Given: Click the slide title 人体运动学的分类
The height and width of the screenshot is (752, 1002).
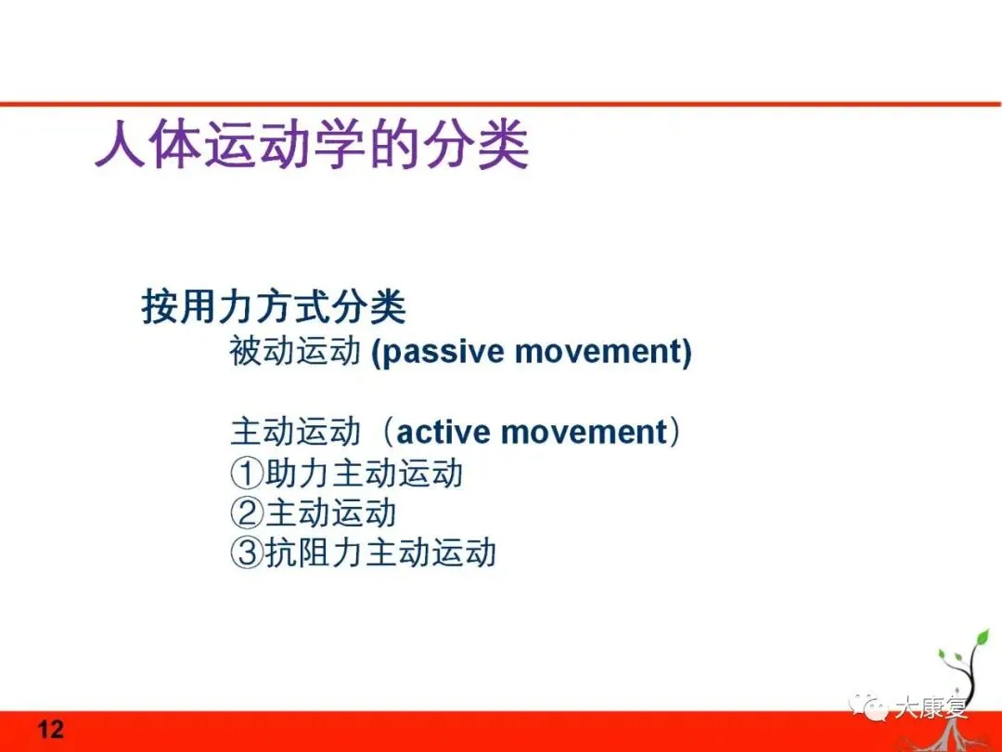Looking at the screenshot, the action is click(x=312, y=145).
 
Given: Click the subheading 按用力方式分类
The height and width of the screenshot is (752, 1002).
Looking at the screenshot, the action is click(x=274, y=306).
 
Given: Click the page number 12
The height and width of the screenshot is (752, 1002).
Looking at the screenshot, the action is click(x=50, y=729).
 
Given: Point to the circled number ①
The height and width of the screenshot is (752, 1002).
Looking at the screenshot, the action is click(x=247, y=473).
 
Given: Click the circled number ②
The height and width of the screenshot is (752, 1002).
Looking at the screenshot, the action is click(x=247, y=512).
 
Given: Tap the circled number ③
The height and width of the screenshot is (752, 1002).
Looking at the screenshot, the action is click(x=247, y=552).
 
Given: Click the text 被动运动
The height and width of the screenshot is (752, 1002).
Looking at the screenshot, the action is click(x=295, y=352).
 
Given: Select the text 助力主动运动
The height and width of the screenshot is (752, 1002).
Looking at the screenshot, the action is click(x=364, y=473).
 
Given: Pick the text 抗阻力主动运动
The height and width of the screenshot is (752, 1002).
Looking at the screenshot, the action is click(x=380, y=552).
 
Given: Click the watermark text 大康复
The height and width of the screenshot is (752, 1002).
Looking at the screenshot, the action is click(x=931, y=707).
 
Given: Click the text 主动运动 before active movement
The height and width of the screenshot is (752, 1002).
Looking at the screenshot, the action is click(x=295, y=432).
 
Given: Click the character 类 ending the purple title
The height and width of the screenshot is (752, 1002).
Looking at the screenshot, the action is click(x=504, y=145).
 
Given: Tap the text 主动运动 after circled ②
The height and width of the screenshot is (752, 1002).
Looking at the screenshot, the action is click(x=331, y=512).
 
